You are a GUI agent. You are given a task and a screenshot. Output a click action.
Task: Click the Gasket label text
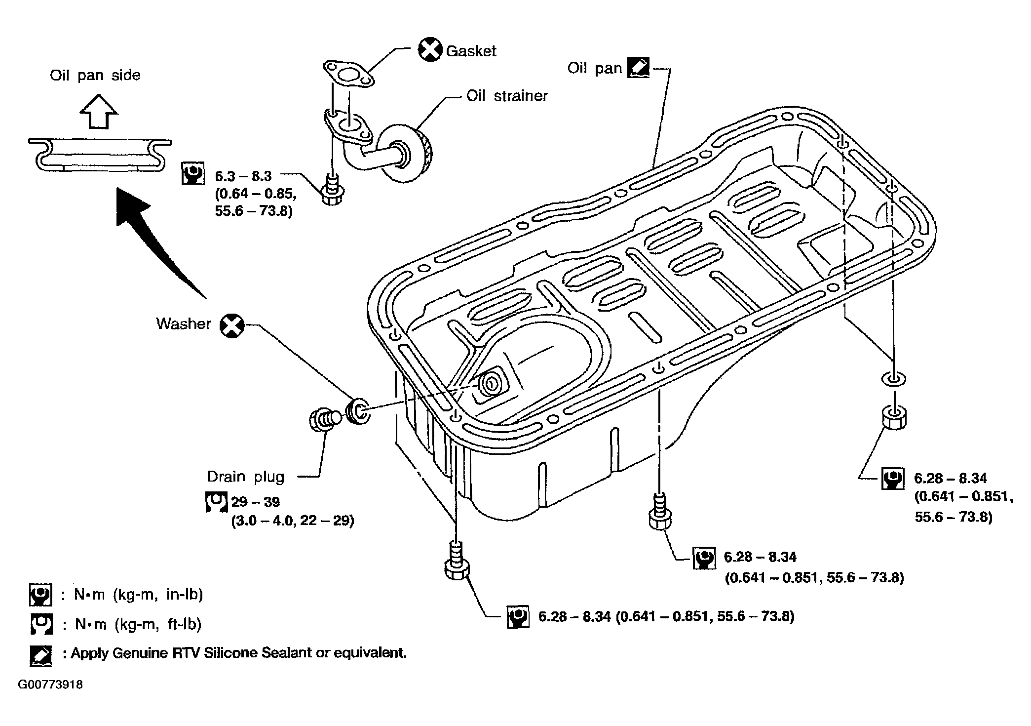click(x=471, y=51)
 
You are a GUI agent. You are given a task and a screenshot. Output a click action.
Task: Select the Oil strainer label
click(x=507, y=95)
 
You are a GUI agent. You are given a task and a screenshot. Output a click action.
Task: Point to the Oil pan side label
click(x=95, y=75)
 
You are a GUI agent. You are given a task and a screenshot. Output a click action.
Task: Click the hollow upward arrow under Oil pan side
click(x=99, y=112)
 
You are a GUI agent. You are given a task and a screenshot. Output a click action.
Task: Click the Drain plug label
click(x=246, y=477)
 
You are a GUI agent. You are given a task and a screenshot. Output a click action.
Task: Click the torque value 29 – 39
click(x=256, y=502)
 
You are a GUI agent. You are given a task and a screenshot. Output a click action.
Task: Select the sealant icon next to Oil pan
click(x=638, y=68)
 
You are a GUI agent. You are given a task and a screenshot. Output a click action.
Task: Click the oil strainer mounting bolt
click(x=333, y=190)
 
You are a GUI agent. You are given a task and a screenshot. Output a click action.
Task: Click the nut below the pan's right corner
click(x=893, y=417)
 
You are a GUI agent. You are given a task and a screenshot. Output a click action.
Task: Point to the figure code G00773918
click(x=50, y=685)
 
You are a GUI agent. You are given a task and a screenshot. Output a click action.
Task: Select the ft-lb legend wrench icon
click(x=40, y=624)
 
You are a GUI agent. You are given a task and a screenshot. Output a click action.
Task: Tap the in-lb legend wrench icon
click(x=40, y=595)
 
